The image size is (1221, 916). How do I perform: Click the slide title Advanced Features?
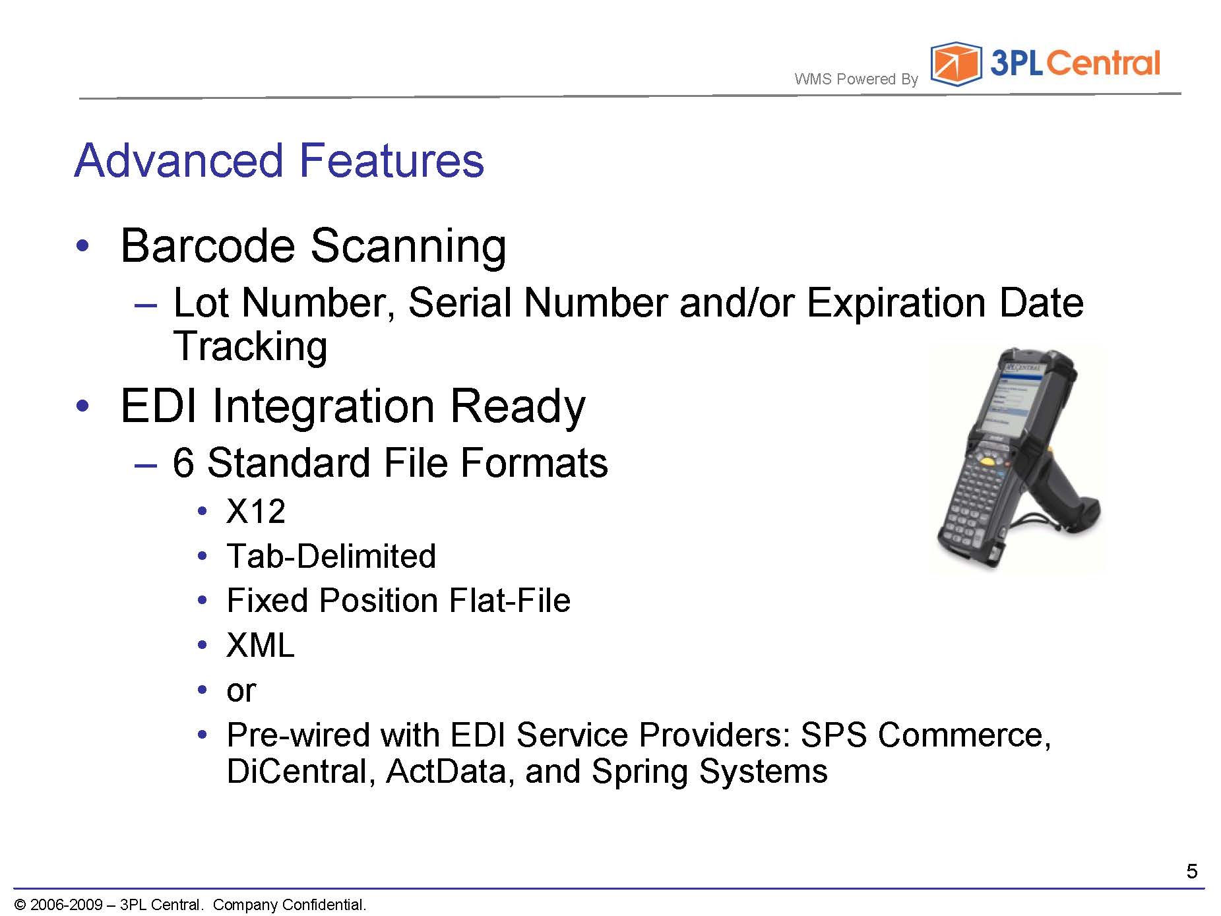(279, 160)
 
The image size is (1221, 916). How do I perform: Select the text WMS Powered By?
(856, 79)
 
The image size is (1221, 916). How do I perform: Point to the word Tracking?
(250, 346)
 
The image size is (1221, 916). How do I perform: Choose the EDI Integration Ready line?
(353, 406)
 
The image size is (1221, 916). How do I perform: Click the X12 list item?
(256, 511)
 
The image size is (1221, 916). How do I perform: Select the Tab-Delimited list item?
(331, 556)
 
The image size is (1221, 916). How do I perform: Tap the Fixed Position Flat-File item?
(398, 600)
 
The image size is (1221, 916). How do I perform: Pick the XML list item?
(260, 645)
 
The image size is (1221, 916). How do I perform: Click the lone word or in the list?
(241, 690)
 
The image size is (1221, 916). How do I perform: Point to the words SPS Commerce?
(925, 735)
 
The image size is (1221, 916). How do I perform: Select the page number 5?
(1191, 871)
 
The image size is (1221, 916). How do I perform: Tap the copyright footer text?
(190, 904)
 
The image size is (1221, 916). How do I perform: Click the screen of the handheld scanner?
(1013, 397)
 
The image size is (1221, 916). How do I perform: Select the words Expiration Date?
(945, 303)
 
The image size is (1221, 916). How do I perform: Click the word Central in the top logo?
(1102, 63)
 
